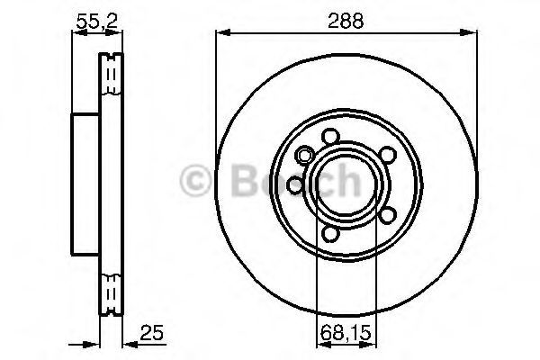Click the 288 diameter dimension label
coord(346,21)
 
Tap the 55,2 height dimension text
coord(97,22)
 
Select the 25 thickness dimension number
coord(151,332)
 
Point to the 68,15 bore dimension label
coord(346,333)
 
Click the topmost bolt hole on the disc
coord(330,136)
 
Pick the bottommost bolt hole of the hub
coord(330,234)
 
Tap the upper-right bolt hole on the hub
coord(387,155)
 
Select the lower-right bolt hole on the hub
coord(387,215)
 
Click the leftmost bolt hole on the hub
coord(295,185)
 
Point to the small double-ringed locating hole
coord(305,156)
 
